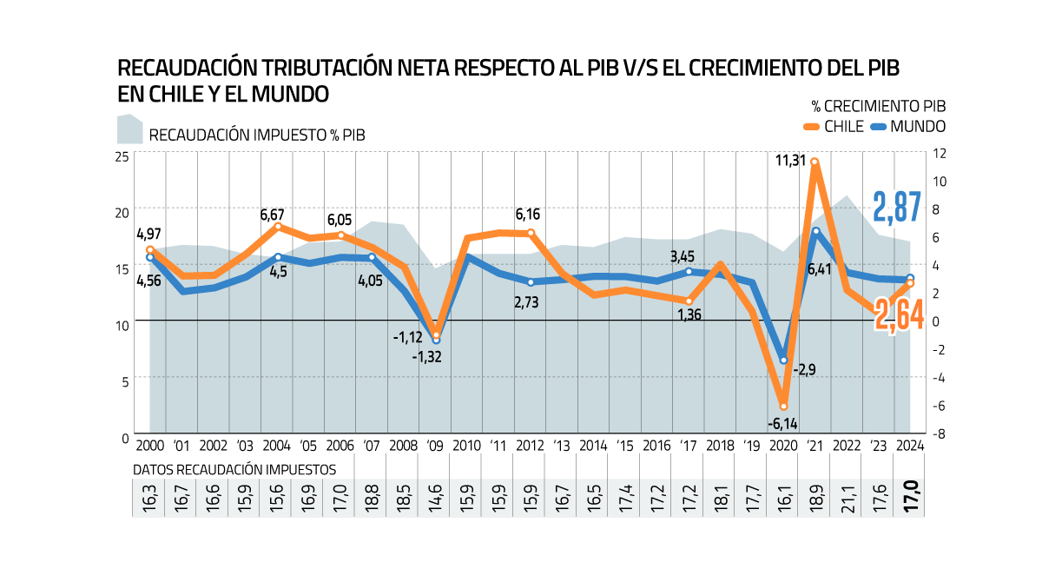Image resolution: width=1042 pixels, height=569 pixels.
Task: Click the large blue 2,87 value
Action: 897,207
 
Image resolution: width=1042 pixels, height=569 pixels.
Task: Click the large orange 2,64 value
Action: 899,314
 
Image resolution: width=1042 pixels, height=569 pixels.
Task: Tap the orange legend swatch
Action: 812,127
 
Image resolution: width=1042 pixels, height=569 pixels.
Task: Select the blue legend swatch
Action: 879,127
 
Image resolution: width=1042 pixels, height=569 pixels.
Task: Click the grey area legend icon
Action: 130,129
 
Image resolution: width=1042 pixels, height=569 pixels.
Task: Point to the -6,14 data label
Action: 782,424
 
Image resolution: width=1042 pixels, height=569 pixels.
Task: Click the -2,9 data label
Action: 804,370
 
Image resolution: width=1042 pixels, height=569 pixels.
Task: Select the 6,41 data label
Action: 820,269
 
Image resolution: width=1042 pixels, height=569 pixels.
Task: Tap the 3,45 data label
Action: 683,257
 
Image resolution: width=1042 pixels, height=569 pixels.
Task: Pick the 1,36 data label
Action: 689,314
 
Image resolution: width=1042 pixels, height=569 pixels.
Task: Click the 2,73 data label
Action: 526,302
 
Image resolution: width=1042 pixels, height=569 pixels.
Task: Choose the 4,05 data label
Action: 370,281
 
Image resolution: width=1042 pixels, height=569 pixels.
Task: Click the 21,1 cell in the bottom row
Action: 847,498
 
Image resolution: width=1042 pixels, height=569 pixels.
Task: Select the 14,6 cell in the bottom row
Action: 435,498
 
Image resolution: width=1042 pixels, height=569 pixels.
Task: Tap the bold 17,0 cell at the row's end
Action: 910,498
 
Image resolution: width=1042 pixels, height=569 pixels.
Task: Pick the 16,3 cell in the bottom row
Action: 148,498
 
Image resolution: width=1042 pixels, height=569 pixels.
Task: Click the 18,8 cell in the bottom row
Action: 371,498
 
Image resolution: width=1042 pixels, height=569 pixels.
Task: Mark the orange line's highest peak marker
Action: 814,162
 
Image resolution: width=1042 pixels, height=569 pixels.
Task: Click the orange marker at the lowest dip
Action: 783,406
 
